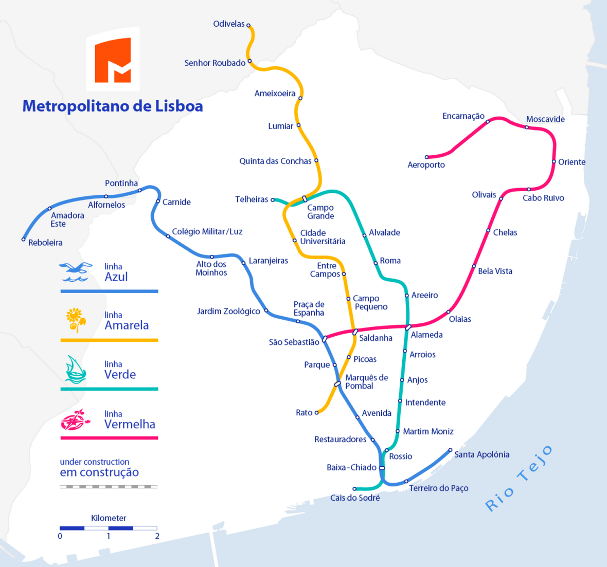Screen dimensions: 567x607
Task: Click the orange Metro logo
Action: (x=113, y=60)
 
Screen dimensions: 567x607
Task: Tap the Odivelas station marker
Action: (x=248, y=25)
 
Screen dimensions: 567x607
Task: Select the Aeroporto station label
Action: (x=426, y=165)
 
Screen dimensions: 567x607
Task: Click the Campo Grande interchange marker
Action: (x=305, y=199)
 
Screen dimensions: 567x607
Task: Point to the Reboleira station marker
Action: (x=24, y=239)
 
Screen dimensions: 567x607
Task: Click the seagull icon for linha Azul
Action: (x=76, y=272)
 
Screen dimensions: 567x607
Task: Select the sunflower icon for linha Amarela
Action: (x=75, y=320)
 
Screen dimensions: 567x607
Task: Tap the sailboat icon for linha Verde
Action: (x=75, y=370)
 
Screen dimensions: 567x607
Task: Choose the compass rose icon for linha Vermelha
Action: (x=75, y=419)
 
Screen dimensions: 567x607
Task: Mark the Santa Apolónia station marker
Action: (x=450, y=450)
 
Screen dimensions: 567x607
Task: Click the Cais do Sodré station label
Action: (x=355, y=498)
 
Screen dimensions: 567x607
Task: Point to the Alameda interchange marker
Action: (x=408, y=327)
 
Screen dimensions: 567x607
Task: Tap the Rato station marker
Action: (x=317, y=412)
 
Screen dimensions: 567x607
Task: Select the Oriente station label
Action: (x=572, y=162)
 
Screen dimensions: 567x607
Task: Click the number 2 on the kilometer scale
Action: (x=157, y=536)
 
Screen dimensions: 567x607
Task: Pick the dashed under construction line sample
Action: (x=109, y=486)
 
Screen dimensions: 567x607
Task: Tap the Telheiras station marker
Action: (x=273, y=199)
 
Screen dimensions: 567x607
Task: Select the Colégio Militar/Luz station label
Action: (x=207, y=232)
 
